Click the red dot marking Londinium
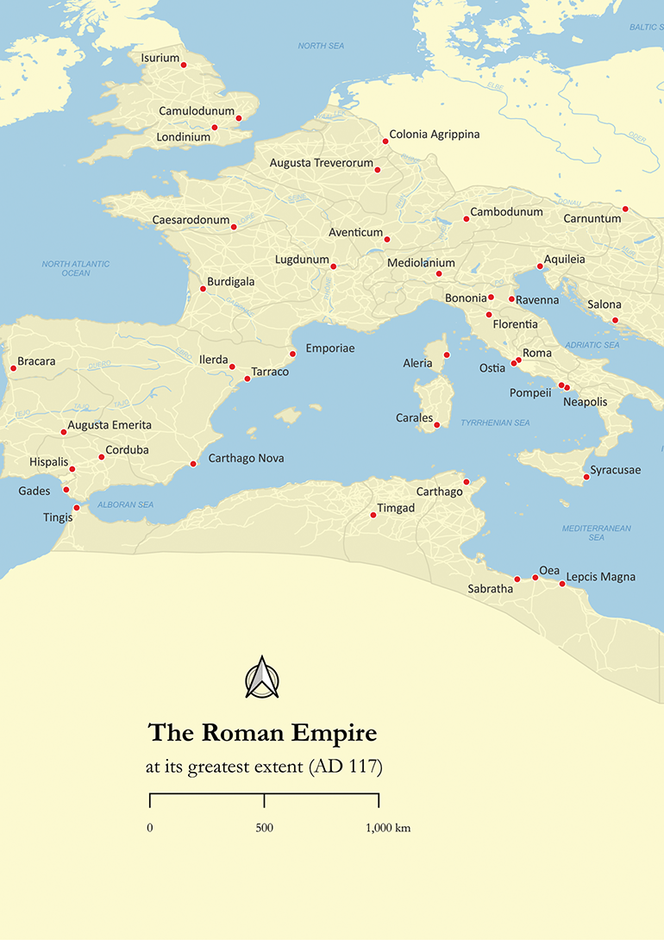[x=215, y=128]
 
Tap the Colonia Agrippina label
[x=434, y=135]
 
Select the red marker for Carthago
[x=466, y=481]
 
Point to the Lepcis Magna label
[x=600, y=576]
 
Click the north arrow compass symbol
[x=262, y=678]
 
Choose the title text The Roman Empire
[x=263, y=733]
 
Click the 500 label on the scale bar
[x=264, y=828]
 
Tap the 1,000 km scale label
[x=388, y=828]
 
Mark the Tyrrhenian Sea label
[x=495, y=423]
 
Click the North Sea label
[x=322, y=46]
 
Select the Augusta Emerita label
[x=110, y=425]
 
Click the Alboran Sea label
[x=126, y=504]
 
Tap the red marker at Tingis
[x=77, y=508]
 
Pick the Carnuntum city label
[x=592, y=219]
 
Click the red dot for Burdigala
[x=203, y=288]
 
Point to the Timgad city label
[x=396, y=508]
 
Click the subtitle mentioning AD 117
[x=264, y=767]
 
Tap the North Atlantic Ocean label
[x=76, y=268]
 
